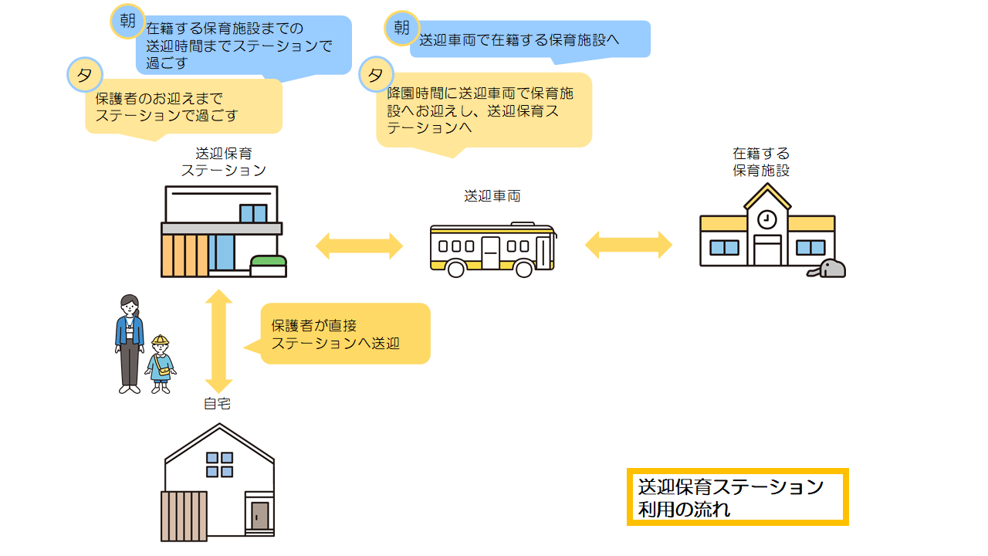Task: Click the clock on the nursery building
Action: tap(767, 219)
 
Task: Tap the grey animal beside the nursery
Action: tap(829, 269)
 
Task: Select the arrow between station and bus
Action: tap(360, 246)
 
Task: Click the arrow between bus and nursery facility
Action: tap(628, 245)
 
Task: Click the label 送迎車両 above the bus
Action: tap(492, 196)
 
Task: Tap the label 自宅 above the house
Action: tap(217, 403)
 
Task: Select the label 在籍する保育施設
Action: tap(761, 162)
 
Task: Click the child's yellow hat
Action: tap(161, 341)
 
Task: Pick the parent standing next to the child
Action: tap(130, 344)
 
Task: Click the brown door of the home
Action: tap(260, 515)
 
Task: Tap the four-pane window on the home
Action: tap(219, 464)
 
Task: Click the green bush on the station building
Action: tap(269, 262)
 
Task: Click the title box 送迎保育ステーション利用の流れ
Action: tap(737, 497)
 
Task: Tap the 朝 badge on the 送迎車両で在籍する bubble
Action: tap(401, 29)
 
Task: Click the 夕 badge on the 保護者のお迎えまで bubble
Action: tap(85, 75)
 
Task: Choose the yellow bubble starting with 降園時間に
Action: tap(483, 110)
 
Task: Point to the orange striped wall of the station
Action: tap(184, 255)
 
